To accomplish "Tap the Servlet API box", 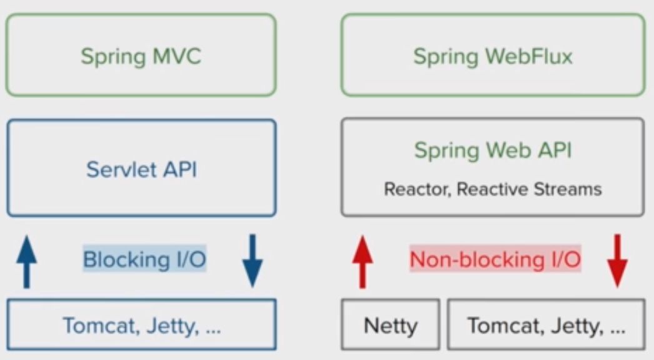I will [x=141, y=167].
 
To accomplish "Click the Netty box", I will [x=391, y=325].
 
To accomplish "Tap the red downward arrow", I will [x=617, y=261].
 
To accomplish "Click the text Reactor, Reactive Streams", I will [x=493, y=189].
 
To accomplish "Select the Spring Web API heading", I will [x=493, y=151].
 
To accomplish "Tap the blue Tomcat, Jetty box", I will [x=141, y=325].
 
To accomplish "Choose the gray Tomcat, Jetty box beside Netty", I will [x=546, y=325].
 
